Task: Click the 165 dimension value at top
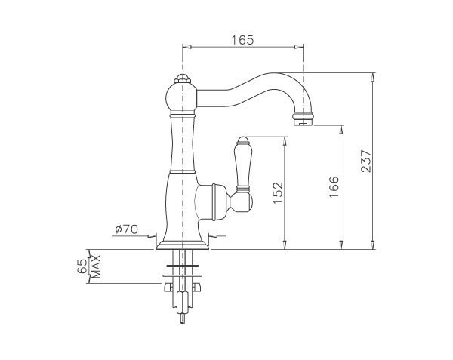click(242, 38)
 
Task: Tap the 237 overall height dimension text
click(365, 162)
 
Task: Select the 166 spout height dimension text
click(334, 186)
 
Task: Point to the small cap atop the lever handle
click(244, 140)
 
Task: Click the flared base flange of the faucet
click(182, 242)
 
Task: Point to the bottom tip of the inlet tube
click(182, 318)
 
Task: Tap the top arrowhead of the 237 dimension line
click(373, 75)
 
